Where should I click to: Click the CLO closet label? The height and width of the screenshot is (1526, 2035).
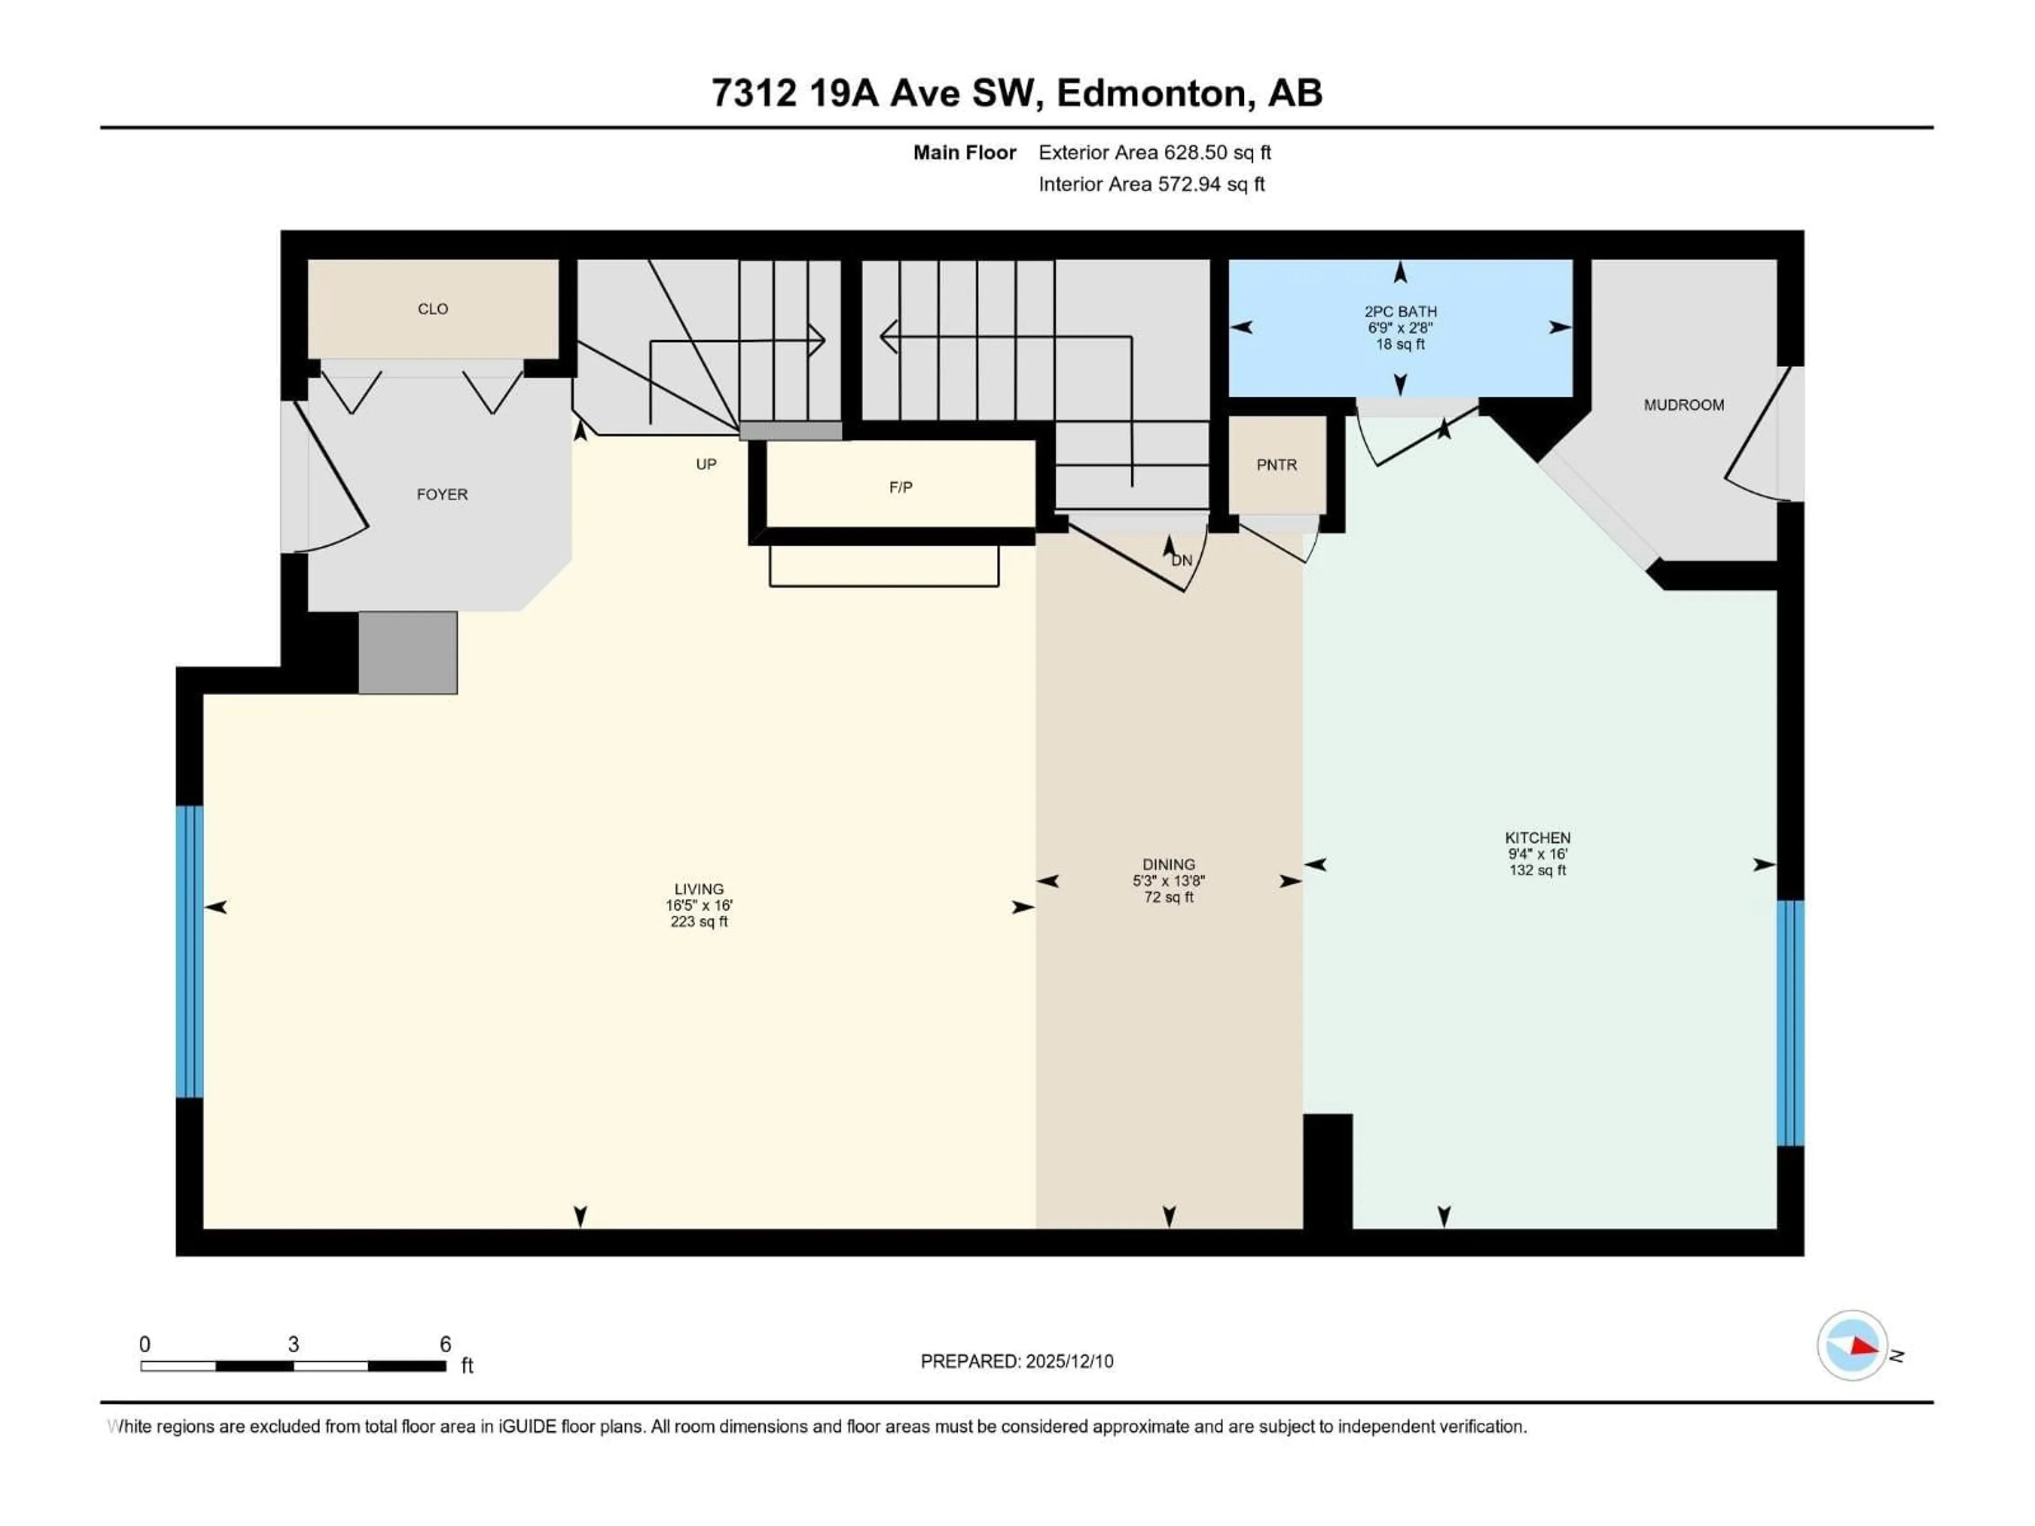432,309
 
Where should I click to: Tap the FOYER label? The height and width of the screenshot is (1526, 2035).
441,495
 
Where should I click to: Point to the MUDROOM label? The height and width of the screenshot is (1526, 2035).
1684,405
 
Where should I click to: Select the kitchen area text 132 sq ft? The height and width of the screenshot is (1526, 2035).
1537,870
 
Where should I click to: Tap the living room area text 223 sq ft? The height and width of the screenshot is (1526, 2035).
698,921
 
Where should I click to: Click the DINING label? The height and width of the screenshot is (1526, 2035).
1169,865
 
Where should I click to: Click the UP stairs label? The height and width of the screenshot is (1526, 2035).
706,465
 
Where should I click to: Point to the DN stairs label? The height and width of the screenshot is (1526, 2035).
1182,560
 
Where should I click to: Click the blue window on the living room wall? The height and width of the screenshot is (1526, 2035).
189,952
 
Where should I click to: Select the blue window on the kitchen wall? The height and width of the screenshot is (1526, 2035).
1789,1023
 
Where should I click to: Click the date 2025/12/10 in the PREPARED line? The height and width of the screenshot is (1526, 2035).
1069,1361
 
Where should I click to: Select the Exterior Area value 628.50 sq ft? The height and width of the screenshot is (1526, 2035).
1217,153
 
